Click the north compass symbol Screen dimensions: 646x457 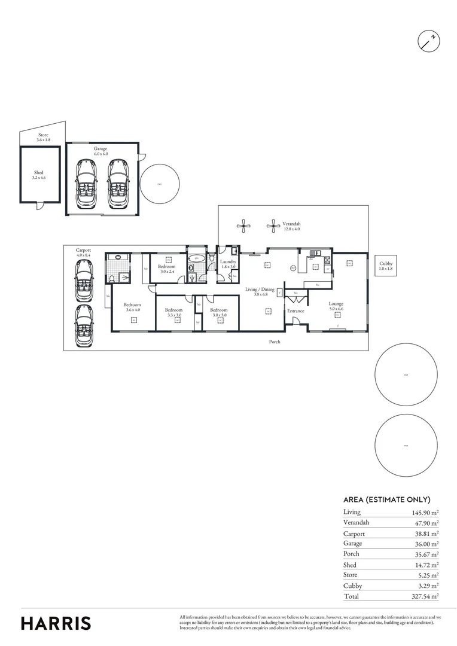428,40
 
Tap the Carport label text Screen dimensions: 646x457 83,252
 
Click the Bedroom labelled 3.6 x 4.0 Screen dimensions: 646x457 132,307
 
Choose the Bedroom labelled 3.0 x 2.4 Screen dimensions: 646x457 167,269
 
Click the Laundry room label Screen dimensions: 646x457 228,264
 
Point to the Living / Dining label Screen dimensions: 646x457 260,292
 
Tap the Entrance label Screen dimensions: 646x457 295,311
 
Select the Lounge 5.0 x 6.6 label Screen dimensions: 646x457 336,306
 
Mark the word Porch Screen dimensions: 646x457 274,342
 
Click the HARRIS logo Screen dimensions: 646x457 56,623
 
